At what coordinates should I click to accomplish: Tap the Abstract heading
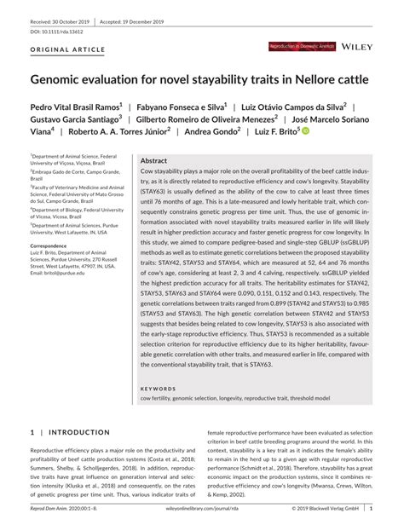point(153,160)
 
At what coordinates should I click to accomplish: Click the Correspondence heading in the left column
point(53,245)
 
